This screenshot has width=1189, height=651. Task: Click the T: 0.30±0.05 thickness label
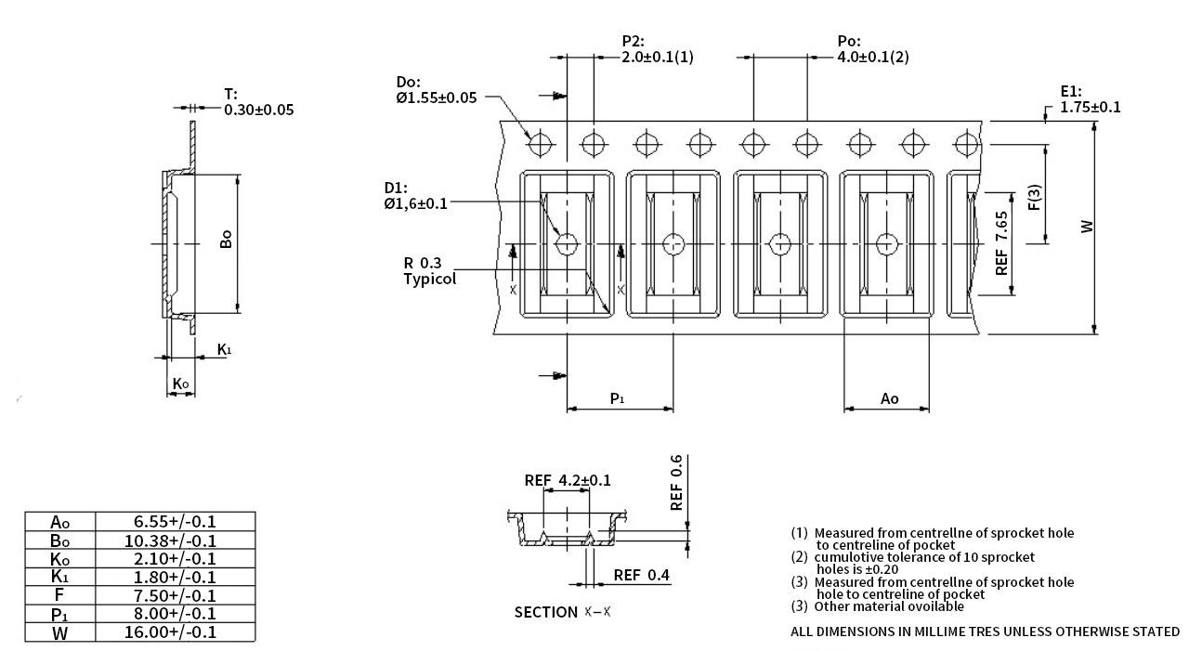[257, 102]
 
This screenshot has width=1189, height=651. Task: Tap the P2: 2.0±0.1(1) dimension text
[657, 49]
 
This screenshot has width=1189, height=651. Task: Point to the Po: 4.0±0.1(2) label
[872, 49]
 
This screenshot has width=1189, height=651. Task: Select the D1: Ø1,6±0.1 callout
[415, 197]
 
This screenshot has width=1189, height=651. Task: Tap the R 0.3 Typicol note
[429, 270]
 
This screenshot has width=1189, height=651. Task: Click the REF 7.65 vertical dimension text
[1001, 243]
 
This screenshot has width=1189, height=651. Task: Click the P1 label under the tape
[617, 398]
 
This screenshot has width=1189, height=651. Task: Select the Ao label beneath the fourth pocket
[889, 398]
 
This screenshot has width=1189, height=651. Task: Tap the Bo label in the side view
[225, 240]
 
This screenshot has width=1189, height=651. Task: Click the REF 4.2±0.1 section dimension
[568, 480]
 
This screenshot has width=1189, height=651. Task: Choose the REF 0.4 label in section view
[642, 576]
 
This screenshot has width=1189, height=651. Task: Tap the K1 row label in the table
[59, 577]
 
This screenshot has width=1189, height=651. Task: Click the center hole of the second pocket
[673, 244]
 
